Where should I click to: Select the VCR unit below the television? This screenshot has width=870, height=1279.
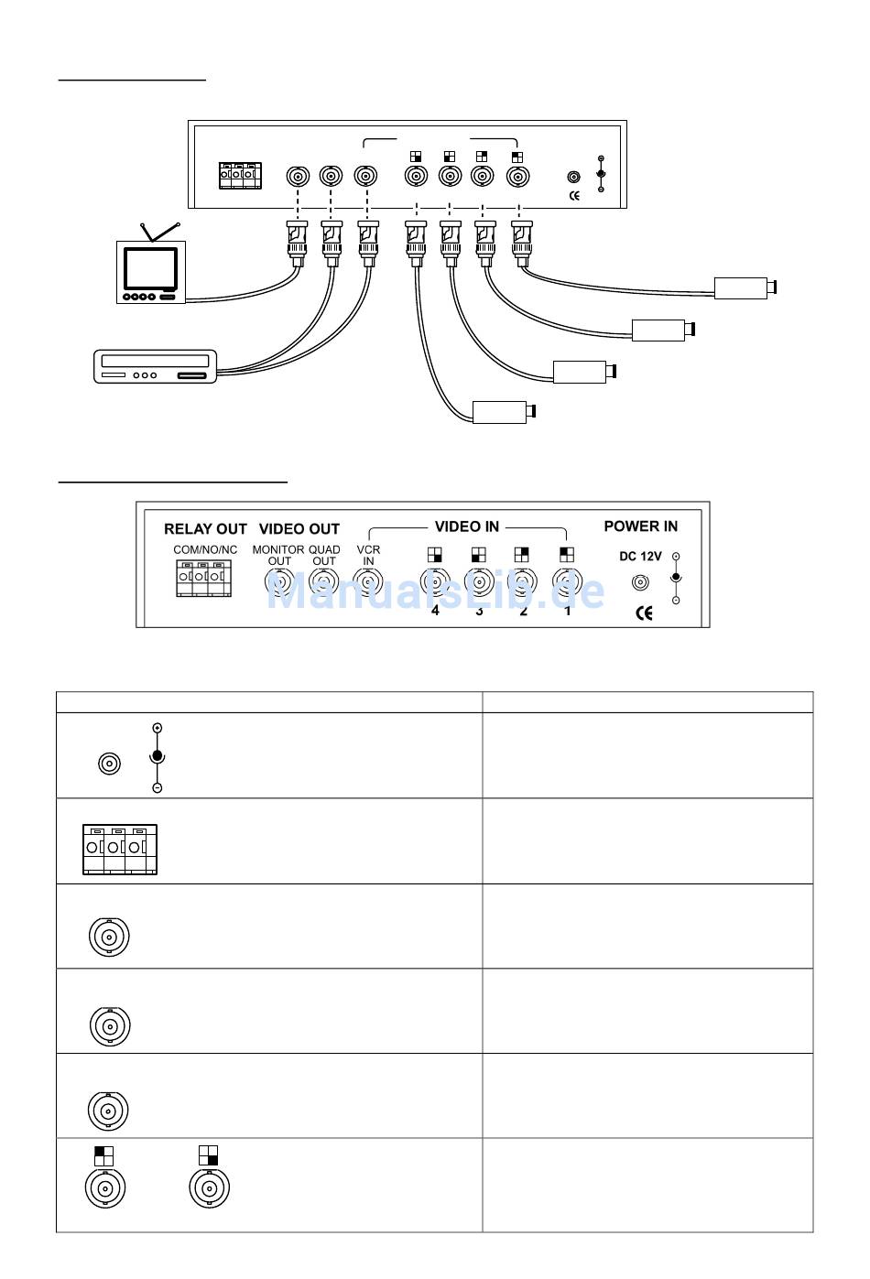point(157,366)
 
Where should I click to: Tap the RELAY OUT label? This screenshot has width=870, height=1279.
point(205,529)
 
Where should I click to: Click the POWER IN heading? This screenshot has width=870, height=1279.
point(640,526)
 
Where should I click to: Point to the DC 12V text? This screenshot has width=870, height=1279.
point(640,557)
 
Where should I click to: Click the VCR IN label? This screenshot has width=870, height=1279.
point(368,556)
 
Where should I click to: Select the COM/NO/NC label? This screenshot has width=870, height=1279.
point(205,550)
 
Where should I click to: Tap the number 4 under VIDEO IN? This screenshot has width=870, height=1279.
point(435,611)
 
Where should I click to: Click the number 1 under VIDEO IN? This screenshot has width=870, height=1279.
point(568,611)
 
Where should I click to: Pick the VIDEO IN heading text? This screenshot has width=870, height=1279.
point(466,526)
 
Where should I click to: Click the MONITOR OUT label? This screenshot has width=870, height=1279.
point(278,556)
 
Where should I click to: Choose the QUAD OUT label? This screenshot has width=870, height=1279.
point(324,556)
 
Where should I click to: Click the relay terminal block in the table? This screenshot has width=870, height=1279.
point(119,849)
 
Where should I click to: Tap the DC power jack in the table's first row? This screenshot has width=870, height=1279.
point(109,763)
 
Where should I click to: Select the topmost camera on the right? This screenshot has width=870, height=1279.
point(744,287)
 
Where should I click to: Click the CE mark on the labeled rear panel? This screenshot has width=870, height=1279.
point(644,612)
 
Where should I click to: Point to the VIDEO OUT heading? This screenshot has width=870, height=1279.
point(299,529)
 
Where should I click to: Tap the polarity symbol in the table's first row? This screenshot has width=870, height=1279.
point(157,757)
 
